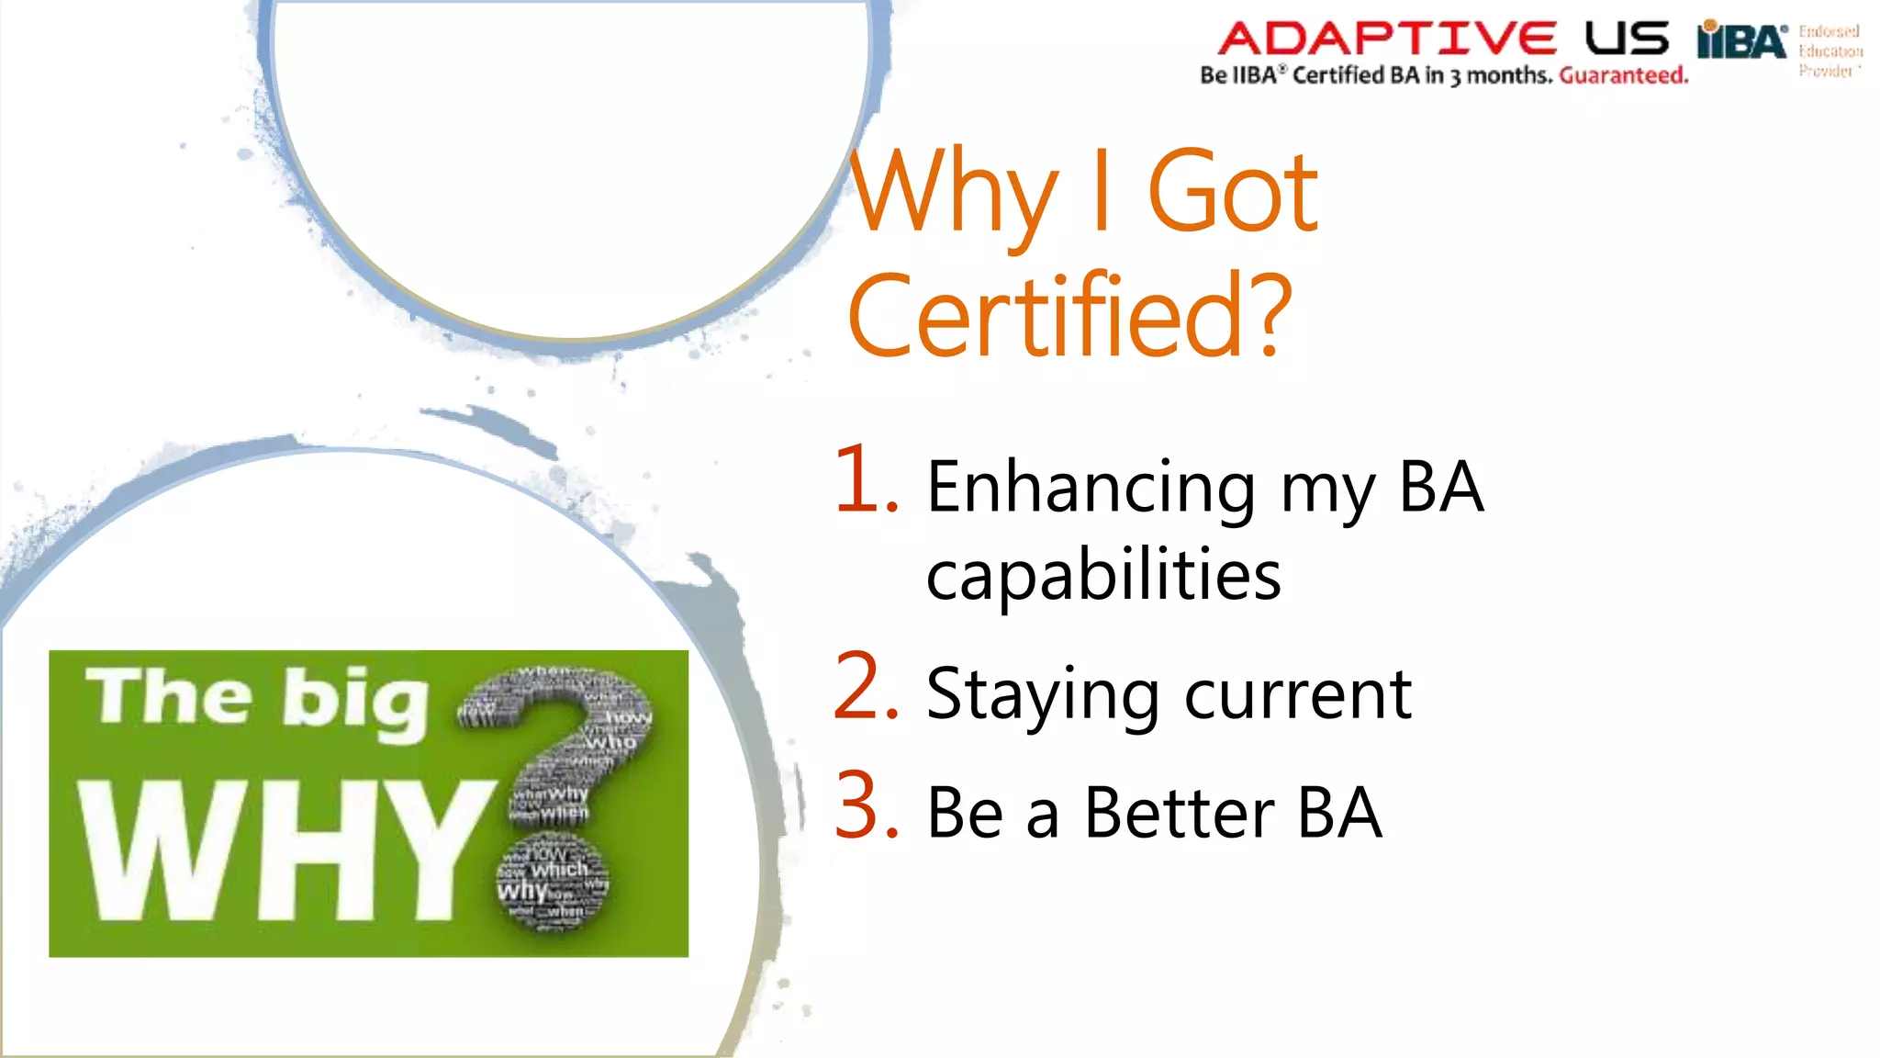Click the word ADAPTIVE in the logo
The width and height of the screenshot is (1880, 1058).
pyautogui.click(x=1386, y=39)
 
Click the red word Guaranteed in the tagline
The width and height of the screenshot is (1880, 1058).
pyautogui.click(x=1623, y=75)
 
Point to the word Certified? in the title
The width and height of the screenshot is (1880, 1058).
pyautogui.click(x=1069, y=317)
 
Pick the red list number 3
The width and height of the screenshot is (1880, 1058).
pyautogui.click(x=865, y=806)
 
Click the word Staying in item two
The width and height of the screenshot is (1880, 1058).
pyautogui.click(x=1043, y=695)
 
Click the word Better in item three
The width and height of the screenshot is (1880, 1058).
pyautogui.click(x=1180, y=814)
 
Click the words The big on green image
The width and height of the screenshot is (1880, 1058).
pyautogui.click(x=258, y=698)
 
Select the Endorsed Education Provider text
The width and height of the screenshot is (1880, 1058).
pyautogui.click(x=1829, y=51)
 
